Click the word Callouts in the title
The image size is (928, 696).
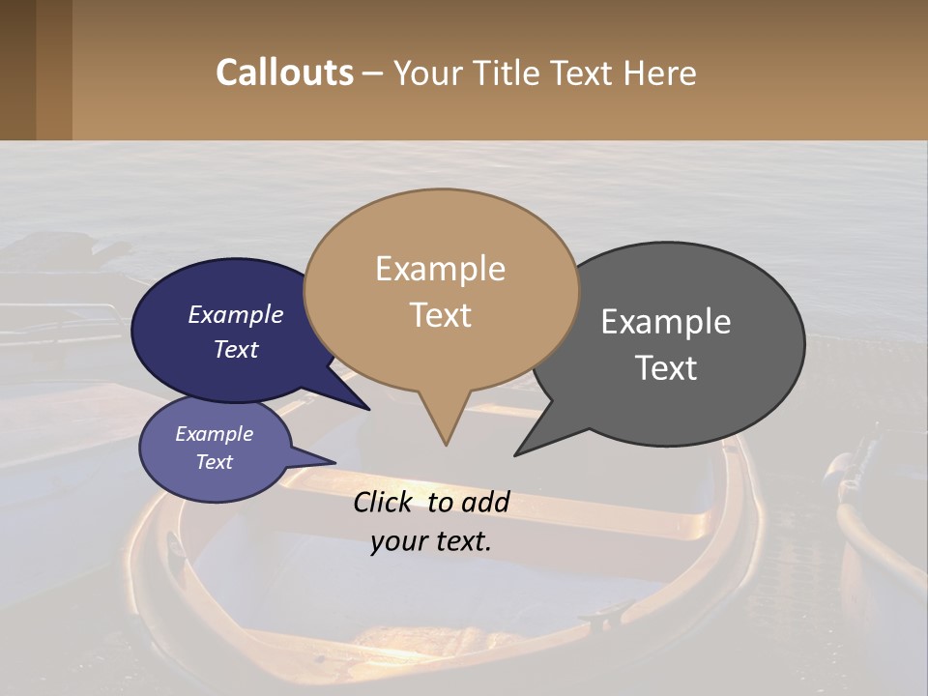coord(284,72)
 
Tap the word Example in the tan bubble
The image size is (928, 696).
coord(440,269)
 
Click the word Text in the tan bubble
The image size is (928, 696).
coord(440,314)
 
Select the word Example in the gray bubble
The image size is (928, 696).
coord(666,322)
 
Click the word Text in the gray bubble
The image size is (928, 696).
coord(666,367)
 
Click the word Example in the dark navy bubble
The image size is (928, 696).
coord(235,314)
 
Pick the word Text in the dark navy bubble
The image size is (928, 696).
coord(235,349)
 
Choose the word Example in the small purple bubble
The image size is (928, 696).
coord(214,434)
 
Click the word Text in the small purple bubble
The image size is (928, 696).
coord(214,462)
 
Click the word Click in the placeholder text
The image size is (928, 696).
coord(385,502)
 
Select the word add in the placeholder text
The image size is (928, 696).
coord(484,502)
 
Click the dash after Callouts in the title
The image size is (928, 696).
coord(373,73)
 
